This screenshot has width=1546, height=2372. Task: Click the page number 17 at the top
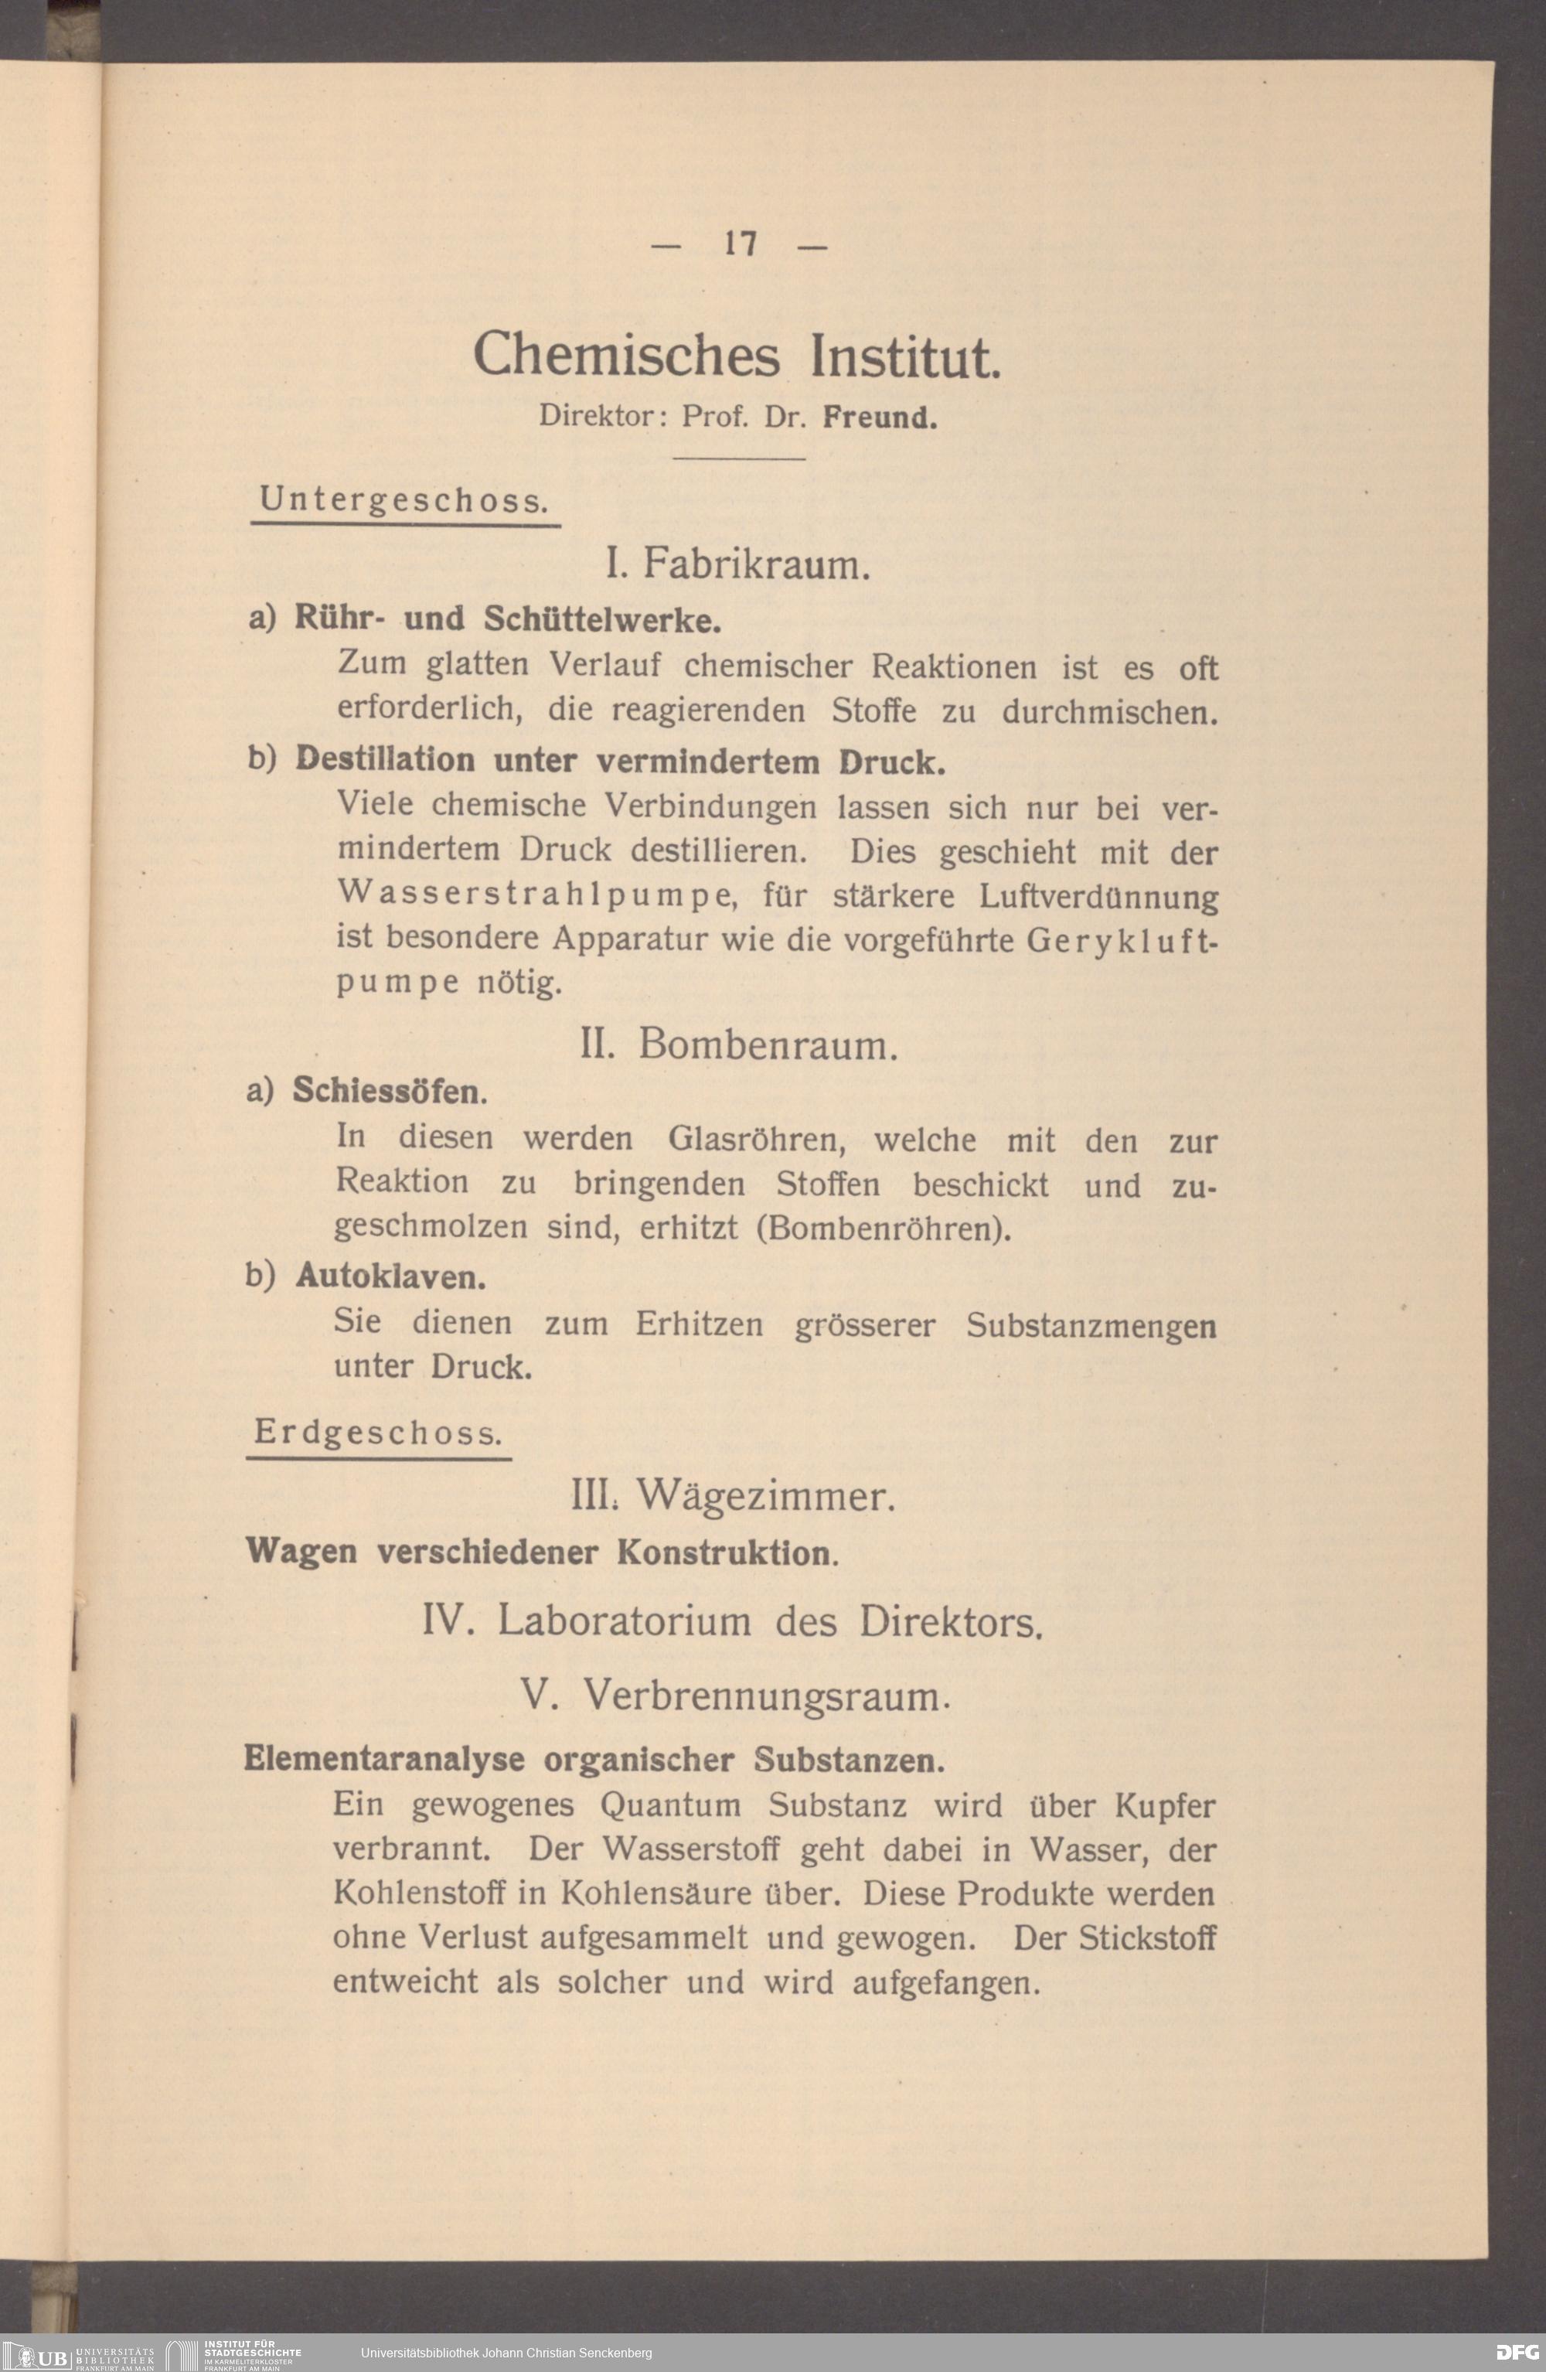click(x=741, y=244)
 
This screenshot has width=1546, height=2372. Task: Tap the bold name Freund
click(x=879, y=417)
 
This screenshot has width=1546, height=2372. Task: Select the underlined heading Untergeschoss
click(x=404, y=499)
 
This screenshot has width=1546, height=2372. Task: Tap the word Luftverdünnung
click(x=1098, y=896)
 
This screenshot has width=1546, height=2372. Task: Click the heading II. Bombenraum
click(x=739, y=1045)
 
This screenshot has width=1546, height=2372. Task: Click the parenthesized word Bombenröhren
click(x=882, y=1228)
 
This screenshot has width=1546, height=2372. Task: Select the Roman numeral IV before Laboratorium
click(x=444, y=1621)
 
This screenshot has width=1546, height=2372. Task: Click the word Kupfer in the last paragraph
click(x=1165, y=1805)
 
